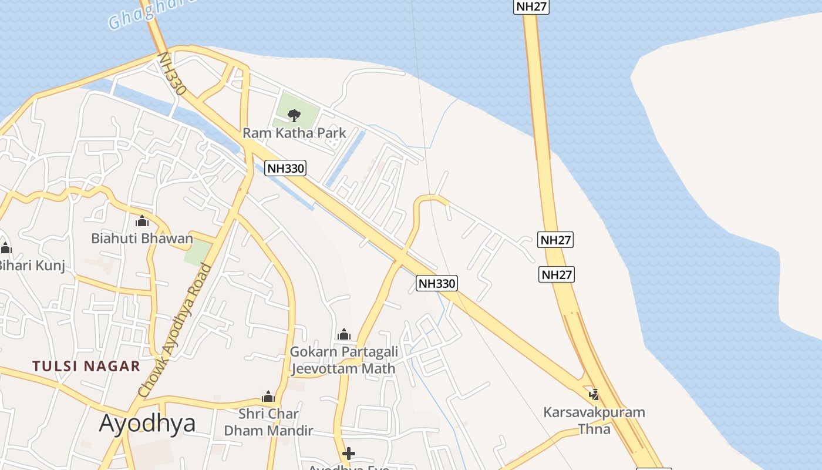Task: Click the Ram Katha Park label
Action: click(294, 133)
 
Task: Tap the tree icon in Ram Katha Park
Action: click(294, 115)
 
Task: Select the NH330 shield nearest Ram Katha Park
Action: click(286, 168)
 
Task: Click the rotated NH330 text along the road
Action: click(171, 74)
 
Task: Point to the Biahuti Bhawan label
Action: click(142, 239)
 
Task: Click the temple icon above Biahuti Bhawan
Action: click(142, 221)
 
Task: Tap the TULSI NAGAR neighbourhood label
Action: click(86, 366)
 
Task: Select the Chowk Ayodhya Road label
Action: click(174, 330)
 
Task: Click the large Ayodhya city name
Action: click(147, 423)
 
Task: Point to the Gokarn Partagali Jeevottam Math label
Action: click(344, 360)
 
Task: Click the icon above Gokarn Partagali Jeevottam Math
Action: click(344, 335)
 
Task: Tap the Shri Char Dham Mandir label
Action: click(268, 422)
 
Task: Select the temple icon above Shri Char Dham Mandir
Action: click(268, 397)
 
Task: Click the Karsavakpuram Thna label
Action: click(594, 420)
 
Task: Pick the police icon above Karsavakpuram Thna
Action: click(594, 394)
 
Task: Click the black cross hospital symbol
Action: click(349, 454)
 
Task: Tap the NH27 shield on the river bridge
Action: click(531, 6)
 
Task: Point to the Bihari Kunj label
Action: click(32, 265)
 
